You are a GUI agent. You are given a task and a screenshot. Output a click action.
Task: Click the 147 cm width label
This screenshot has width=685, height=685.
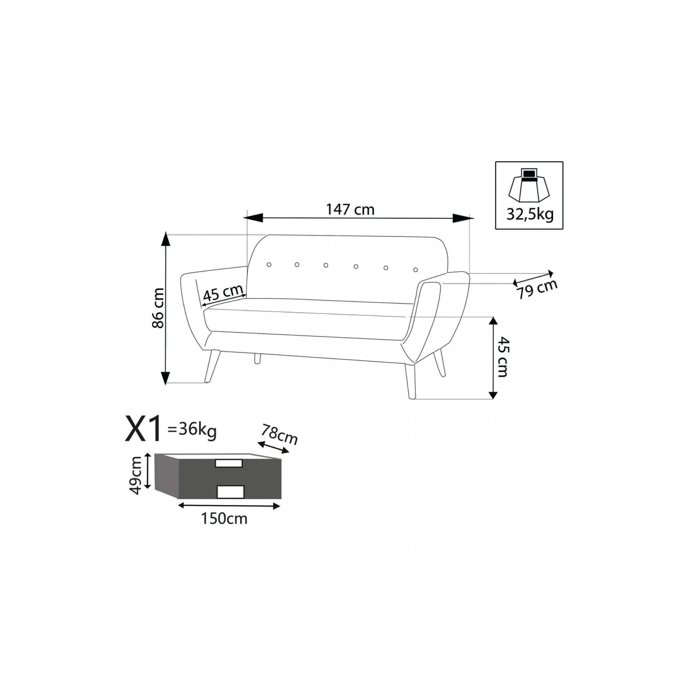[x=350, y=209]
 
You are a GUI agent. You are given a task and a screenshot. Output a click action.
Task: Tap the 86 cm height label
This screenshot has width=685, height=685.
[x=158, y=308]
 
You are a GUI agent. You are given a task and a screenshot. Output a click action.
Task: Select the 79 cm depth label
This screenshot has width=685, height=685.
[x=537, y=289]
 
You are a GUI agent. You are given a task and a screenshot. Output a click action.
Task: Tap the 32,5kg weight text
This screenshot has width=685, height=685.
[x=530, y=214]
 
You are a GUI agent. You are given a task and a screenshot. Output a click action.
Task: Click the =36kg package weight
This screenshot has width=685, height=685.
[x=192, y=430]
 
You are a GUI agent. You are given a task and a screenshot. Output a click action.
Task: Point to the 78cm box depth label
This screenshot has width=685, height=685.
[x=279, y=434]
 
